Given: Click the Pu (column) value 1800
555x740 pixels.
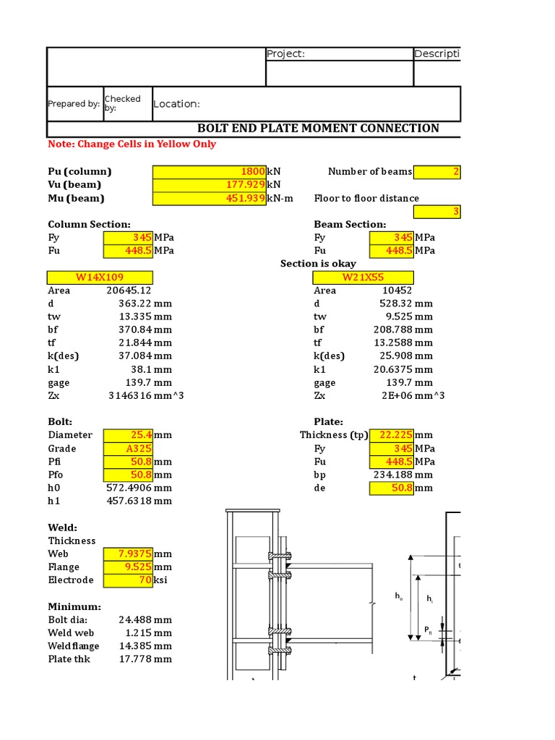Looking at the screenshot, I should (252, 172).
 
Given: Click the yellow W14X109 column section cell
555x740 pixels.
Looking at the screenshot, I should (100, 277).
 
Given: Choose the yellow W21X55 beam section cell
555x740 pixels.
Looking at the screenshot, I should (363, 277).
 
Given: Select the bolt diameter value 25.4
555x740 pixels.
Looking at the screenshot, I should (137, 435).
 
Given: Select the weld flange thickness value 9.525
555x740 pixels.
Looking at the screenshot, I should (137, 567).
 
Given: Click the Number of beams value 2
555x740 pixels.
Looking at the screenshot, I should (455, 172).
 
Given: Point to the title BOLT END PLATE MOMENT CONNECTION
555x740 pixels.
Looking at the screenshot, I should (318, 129).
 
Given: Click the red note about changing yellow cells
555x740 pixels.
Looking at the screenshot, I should (132, 145).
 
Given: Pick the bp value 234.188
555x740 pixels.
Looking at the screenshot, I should (394, 475).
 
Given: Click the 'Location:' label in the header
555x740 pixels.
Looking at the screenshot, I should (176, 104).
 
